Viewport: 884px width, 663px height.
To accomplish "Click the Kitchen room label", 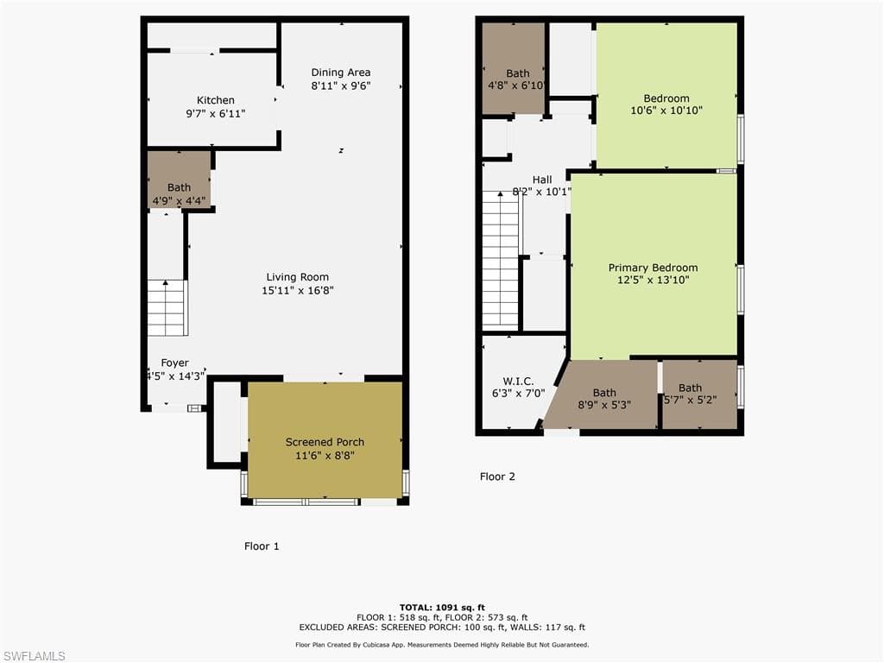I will [215, 100].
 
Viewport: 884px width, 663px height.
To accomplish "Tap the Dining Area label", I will [340, 73].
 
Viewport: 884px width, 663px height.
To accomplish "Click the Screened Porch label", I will [325, 442].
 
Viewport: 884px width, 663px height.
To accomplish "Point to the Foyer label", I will [174, 363].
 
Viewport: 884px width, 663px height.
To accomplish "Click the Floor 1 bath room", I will [179, 180].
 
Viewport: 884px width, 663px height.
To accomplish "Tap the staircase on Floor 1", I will [167, 308].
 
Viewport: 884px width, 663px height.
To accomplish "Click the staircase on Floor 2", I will [500, 259].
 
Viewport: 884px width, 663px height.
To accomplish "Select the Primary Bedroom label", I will [653, 268].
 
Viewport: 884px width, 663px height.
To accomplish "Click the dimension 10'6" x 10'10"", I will [666, 111].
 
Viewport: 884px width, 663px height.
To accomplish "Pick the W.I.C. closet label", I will [518, 381].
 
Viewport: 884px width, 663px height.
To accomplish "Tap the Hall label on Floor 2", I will [541, 180].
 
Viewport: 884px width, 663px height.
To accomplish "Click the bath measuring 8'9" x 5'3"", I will [604, 399].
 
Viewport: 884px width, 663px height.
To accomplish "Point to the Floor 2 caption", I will [497, 477].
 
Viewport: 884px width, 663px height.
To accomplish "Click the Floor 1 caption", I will [262, 546].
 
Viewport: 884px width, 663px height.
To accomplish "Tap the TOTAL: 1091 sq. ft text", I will [441, 607].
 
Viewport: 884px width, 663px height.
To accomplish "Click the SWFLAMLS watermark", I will [34, 656].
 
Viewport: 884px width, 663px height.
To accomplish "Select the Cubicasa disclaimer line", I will [441, 645].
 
